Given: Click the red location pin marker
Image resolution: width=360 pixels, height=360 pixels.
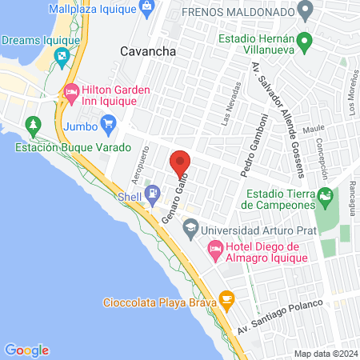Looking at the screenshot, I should click(180, 162).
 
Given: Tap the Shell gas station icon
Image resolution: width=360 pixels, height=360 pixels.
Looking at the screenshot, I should click(152, 194).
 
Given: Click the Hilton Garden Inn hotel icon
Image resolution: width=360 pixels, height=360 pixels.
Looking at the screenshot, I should click(71, 94).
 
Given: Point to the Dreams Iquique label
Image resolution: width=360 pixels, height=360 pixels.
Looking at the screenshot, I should click(39, 39).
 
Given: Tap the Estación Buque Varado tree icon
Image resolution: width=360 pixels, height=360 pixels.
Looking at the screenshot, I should click(33, 126).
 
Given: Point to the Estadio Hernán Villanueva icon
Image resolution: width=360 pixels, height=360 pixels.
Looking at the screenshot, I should click(304, 40).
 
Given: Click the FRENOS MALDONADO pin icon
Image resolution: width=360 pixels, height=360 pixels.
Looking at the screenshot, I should click(304, 12).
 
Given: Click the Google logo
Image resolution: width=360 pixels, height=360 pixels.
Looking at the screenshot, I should click(27, 350).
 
